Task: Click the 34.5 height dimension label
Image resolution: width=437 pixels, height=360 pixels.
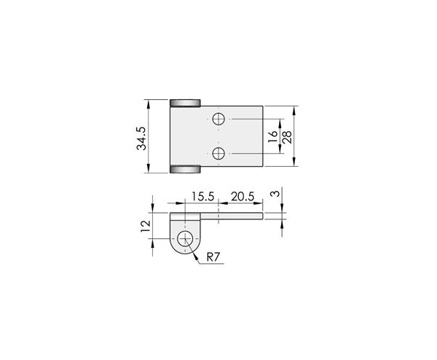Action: click(x=141, y=138)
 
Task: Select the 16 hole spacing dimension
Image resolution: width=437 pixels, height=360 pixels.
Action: click(x=273, y=136)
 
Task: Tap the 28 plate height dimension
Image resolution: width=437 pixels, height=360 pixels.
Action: click(x=287, y=136)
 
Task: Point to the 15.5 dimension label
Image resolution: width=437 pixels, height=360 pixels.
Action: click(x=202, y=196)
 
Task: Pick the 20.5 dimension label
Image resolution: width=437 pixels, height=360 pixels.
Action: click(x=243, y=196)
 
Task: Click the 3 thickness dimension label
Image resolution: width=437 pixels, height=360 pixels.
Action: click(x=275, y=194)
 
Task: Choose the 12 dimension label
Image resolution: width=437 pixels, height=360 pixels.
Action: click(x=146, y=226)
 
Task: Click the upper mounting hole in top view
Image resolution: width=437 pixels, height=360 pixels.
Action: click(x=219, y=119)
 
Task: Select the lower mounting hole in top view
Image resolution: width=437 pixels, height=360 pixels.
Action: click(x=219, y=153)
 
